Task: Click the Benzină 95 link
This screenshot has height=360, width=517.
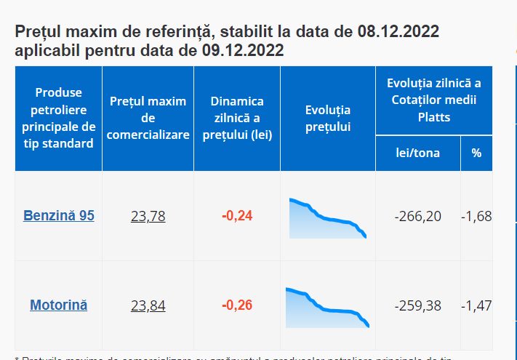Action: [x=59, y=216]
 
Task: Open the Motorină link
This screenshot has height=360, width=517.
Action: [x=59, y=305]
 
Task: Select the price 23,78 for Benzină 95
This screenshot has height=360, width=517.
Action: [x=148, y=216]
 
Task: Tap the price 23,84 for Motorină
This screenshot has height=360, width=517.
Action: [x=148, y=305]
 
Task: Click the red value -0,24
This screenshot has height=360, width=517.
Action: [x=237, y=216]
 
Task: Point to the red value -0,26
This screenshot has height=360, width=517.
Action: [x=237, y=305]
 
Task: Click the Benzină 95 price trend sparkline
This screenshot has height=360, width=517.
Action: [x=328, y=218]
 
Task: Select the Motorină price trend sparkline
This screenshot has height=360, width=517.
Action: [x=328, y=308]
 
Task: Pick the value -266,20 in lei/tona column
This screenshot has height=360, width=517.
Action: [x=417, y=216]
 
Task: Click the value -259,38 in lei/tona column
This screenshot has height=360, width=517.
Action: [x=417, y=305]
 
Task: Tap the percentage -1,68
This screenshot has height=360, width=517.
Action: [x=476, y=216]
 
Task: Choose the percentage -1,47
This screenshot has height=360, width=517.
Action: [x=476, y=305]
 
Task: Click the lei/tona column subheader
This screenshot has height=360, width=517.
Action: [x=417, y=153]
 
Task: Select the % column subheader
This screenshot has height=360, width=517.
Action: [x=476, y=153]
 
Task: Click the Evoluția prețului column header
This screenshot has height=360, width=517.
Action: [x=328, y=119]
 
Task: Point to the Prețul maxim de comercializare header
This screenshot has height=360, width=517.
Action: [x=148, y=118]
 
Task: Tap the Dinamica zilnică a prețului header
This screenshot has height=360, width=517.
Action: [x=237, y=118]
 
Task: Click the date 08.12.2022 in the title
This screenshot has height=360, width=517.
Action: [x=398, y=33]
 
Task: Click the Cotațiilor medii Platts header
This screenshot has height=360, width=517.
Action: [x=434, y=100]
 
